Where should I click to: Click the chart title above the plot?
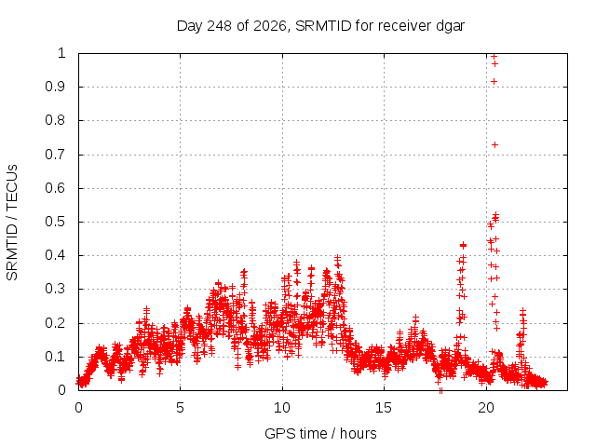click(320, 26)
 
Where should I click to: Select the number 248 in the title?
click(219, 26)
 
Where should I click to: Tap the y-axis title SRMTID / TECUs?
click(12, 223)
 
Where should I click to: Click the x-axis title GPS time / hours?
click(320, 433)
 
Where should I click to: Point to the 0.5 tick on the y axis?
click(56, 222)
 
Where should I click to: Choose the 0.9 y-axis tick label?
click(56, 87)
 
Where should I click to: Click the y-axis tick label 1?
click(62, 53)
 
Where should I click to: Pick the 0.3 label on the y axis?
click(56, 289)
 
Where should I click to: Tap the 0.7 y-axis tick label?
click(56, 155)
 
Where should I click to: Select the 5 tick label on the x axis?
click(180, 408)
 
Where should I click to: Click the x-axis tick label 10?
click(282, 408)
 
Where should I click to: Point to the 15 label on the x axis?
click(384, 408)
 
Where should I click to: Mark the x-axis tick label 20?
click(486, 408)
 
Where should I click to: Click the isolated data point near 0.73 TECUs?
click(494, 145)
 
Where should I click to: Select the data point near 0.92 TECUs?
click(494, 81)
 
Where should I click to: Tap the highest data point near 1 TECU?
click(494, 57)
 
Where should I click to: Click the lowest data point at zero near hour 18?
click(440, 390)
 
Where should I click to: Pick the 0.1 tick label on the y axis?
click(56, 357)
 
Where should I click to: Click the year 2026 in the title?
click(269, 26)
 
